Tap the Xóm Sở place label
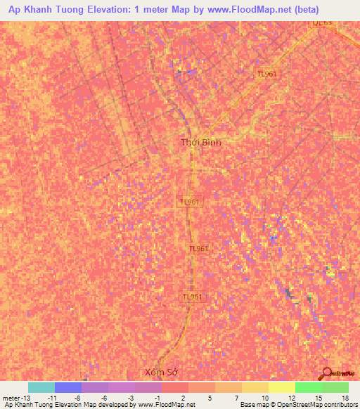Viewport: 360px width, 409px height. coord(157,371)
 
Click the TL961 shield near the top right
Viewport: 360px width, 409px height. coord(266,74)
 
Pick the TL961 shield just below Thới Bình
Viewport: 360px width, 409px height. coord(190,202)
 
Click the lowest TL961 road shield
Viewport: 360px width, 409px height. coord(192,297)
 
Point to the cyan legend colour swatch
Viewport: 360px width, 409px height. coord(41,387)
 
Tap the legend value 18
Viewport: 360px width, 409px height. coord(345,398)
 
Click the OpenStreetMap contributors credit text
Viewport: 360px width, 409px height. coord(319,405)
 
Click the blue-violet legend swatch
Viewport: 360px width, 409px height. coord(68,387)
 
